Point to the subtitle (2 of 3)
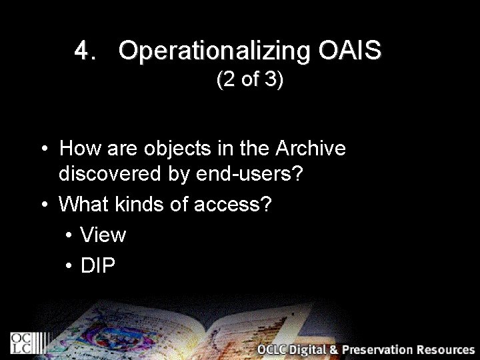click(250, 81)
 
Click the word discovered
click(113, 174)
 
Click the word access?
click(232, 204)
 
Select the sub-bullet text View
click(103, 235)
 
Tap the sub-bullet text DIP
click(98, 265)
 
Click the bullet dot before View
click(69, 235)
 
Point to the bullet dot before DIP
click(69, 266)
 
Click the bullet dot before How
click(43, 149)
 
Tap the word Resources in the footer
click(446, 349)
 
